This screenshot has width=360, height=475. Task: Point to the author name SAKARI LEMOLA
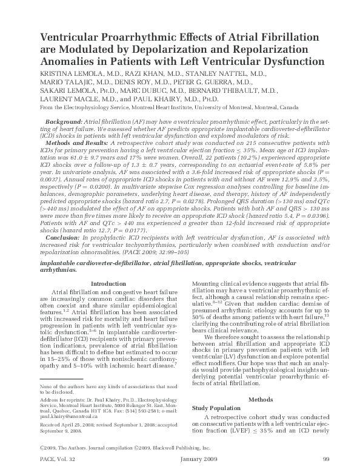tap(63, 90)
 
